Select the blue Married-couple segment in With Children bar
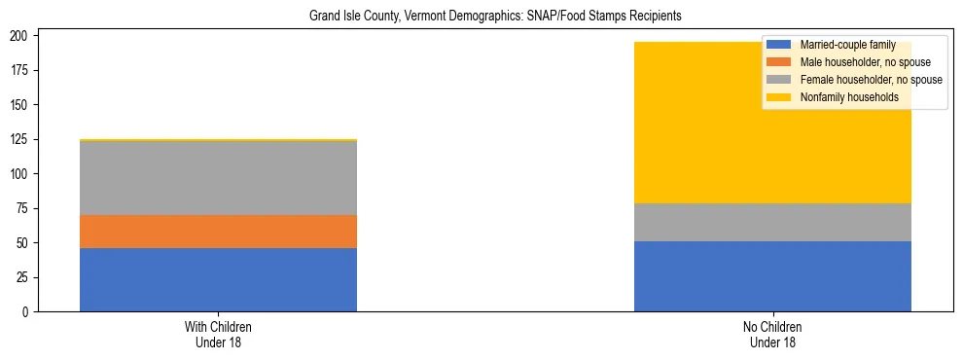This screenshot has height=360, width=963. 218,279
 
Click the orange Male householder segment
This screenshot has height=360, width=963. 218,232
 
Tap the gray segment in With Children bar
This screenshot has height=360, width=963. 218,178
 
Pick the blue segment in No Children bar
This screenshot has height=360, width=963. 772,276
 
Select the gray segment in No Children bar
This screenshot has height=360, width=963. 772,222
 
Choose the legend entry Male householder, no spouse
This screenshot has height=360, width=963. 857,62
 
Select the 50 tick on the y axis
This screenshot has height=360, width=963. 29,243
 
